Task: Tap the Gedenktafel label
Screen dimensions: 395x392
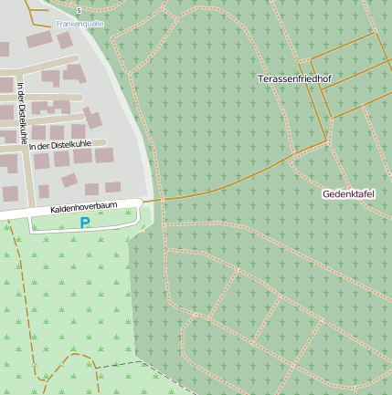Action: point(348,194)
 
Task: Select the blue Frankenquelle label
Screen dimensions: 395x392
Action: point(79,22)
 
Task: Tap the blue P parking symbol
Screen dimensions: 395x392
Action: point(85,222)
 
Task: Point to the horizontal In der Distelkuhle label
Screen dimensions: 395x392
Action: point(61,145)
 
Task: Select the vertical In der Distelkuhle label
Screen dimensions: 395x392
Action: point(21,114)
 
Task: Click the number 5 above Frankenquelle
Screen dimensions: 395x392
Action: point(79,10)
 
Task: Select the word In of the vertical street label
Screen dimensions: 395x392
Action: point(21,88)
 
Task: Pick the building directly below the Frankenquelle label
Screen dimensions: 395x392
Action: point(64,40)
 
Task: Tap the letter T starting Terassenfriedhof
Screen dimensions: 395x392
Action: point(261,79)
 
